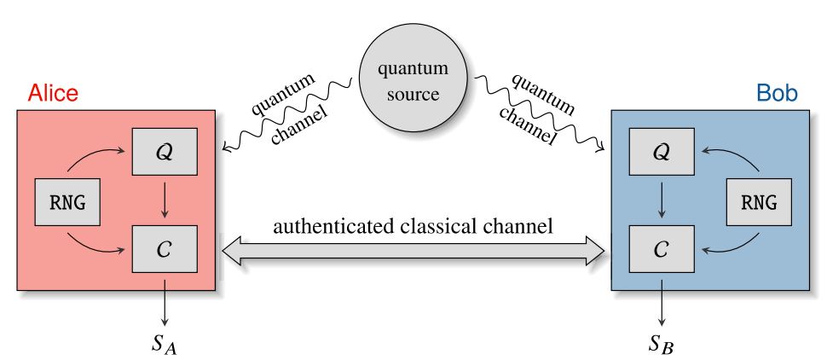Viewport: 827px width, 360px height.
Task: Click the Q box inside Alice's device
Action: (165, 151)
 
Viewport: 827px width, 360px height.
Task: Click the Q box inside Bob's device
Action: (660, 151)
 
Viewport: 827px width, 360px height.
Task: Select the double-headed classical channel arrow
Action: (413, 249)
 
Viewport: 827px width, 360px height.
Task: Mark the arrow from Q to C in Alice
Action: (165, 200)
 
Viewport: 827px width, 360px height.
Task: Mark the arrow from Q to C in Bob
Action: (660, 200)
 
